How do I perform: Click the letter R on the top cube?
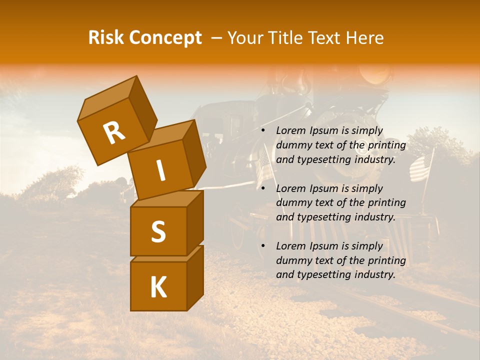pyautogui.click(x=114, y=132)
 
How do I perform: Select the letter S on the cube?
pyautogui.click(x=158, y=231)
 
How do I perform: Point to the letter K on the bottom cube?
pyautogui.click(x=158, y=287)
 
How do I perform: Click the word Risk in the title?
pyautogui.click(x=106, y=37)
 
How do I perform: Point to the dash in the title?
pyautogui.click(x=217, y=38)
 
